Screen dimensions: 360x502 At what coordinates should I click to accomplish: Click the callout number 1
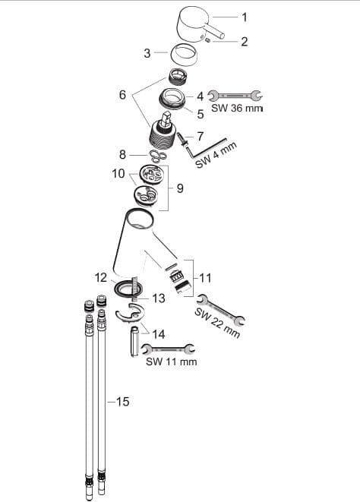(x=245, y=17)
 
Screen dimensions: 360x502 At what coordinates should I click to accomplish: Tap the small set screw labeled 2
(x=207, y=40)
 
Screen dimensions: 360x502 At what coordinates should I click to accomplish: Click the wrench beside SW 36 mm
(x=235, y=95)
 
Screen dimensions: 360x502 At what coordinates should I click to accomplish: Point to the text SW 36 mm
(x=237, y=108)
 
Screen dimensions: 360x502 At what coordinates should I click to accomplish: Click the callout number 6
(x=123, y=95)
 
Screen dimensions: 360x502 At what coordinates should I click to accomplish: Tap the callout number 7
(x=201, y=137)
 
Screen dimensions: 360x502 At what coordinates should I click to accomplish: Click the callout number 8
(x=122, y=155)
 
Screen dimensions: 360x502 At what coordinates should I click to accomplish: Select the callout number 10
(x=118, y=173)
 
